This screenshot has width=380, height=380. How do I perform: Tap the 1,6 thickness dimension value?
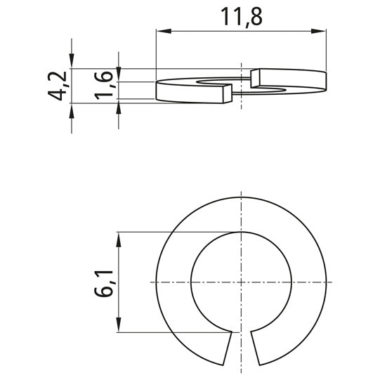pyautogui.click(x=107, y=85)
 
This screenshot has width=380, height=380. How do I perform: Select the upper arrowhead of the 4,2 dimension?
pyautogui.click(x=71, y=63)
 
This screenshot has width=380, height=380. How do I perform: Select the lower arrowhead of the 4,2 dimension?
pyautogui.click(x=71, y=109)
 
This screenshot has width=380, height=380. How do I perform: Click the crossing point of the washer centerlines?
pyautogui.click(x=241, y=282)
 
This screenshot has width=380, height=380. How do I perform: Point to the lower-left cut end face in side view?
pyautogui.click(x=225, y=94)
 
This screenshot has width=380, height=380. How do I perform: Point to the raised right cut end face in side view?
pyautogui.click(x=255, y=79)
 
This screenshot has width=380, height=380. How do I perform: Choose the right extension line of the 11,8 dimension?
pyautogui.click(x=327, y=49)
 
